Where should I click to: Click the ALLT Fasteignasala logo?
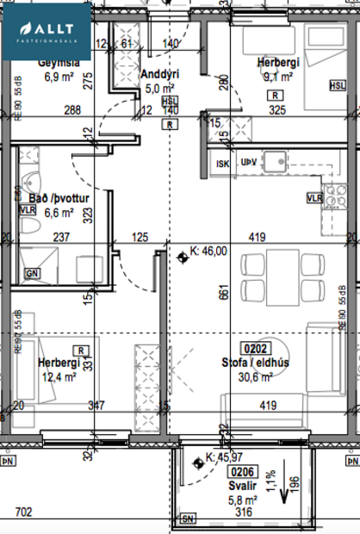[x=45, y=30]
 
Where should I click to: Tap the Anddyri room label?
[x=158, y=73]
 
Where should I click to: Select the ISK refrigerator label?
[x=221, y=161]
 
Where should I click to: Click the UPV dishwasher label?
[x=249, y=161]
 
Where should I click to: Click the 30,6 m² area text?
[x=256, y=376]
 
